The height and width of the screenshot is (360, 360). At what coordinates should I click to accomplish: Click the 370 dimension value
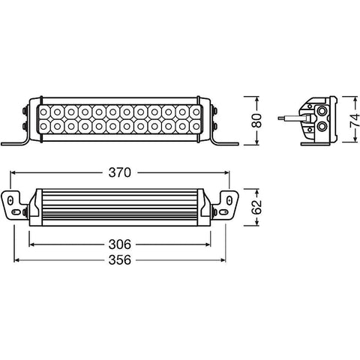(x=119, y=172)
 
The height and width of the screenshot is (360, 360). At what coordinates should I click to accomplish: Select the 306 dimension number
(x=119, y=244)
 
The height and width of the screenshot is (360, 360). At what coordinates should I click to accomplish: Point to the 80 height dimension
(x=256, y=121)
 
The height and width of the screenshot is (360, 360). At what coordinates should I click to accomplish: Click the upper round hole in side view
(x=323, y=110)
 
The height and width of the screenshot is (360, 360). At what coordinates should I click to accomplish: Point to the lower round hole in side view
(x=323, y=127)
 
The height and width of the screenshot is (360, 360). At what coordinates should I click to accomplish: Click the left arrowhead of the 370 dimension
(x=13, y=172)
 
